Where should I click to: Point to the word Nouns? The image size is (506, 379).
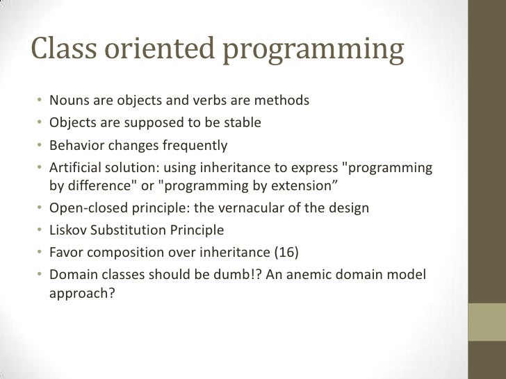[68, 101]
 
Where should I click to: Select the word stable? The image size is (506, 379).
[242, 123]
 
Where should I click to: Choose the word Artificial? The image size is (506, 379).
[75, 169]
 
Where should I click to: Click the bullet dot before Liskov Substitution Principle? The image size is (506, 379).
[41, 230]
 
